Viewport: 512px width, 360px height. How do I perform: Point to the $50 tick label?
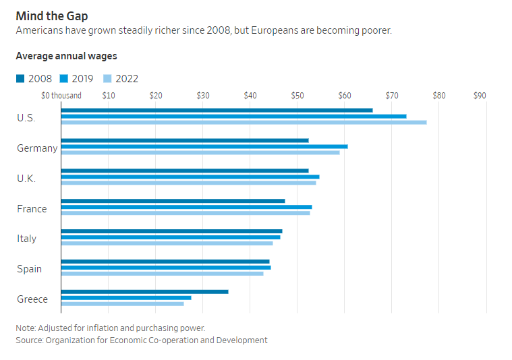[297, 96]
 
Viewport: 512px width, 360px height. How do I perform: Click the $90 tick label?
[480, 96]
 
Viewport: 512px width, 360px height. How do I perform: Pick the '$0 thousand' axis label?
[61, 96]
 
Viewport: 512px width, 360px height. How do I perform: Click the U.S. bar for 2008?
[217, 110]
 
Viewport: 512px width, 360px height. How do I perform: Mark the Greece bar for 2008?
[144, 291]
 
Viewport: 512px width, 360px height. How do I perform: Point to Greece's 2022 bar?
[122, 303]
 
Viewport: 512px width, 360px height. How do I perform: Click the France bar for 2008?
[173, 201]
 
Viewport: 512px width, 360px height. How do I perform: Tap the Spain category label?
[29, 269]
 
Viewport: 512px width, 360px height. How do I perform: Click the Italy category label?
[27, 239]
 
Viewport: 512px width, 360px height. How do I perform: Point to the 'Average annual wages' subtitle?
[66, 56]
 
